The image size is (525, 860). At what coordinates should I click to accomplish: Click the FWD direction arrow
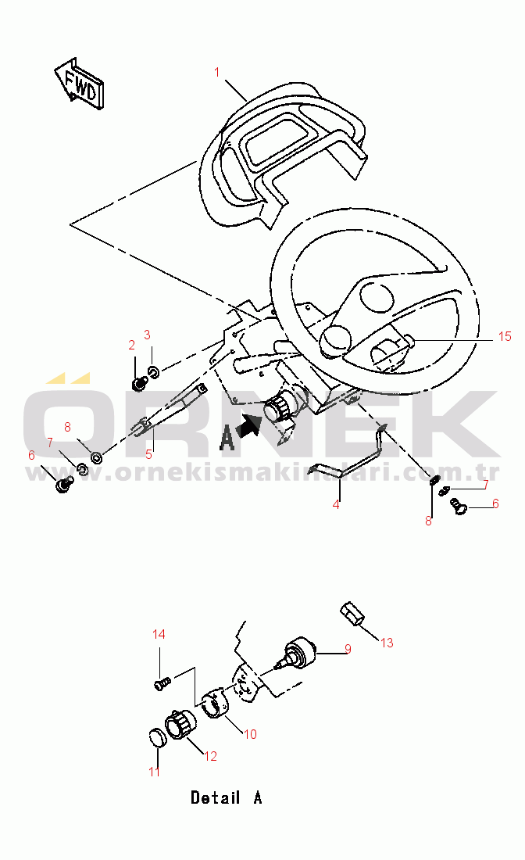pyautogui.click(x=80, y=84)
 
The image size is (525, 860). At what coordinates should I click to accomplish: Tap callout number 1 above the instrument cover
pyautogui.click(x=217, y=72)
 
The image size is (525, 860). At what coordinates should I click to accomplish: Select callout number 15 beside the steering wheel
pyautogui.click(x=505, y=336)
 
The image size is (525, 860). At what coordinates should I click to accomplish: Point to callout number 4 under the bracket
pyautogui.click(x=336, y=503)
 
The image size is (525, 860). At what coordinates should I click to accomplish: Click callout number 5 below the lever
pyautogui.click(x=148, y=454)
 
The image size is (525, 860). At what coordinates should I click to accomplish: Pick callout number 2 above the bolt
pyautogui.click(x=131, y=345)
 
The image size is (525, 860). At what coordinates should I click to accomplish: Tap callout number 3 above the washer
pyautogui.click(x=147, y=335)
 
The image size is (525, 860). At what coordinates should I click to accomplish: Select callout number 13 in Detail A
pyautogui.click(x=387, y=643)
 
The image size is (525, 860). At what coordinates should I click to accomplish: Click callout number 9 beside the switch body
pyautogui.click(x=348, y=649)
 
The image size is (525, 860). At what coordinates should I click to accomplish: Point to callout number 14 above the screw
pyautogui.click(x=159, y=634)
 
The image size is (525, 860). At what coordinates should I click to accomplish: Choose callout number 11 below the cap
pyautogui.click(x=154, y=772)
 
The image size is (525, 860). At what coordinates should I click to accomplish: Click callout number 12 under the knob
pyautogui.click(x=210, y=756)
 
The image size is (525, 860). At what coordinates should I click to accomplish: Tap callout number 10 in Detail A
pyautogui.click(x=250, y=734)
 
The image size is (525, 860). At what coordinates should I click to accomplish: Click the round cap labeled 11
pyautogui.click(x=158, y=738)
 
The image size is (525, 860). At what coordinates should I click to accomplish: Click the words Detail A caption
pyautogui.click(x=227, y=797)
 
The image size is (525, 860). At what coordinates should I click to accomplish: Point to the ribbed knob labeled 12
pyautogui.click(x=180, y=725)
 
